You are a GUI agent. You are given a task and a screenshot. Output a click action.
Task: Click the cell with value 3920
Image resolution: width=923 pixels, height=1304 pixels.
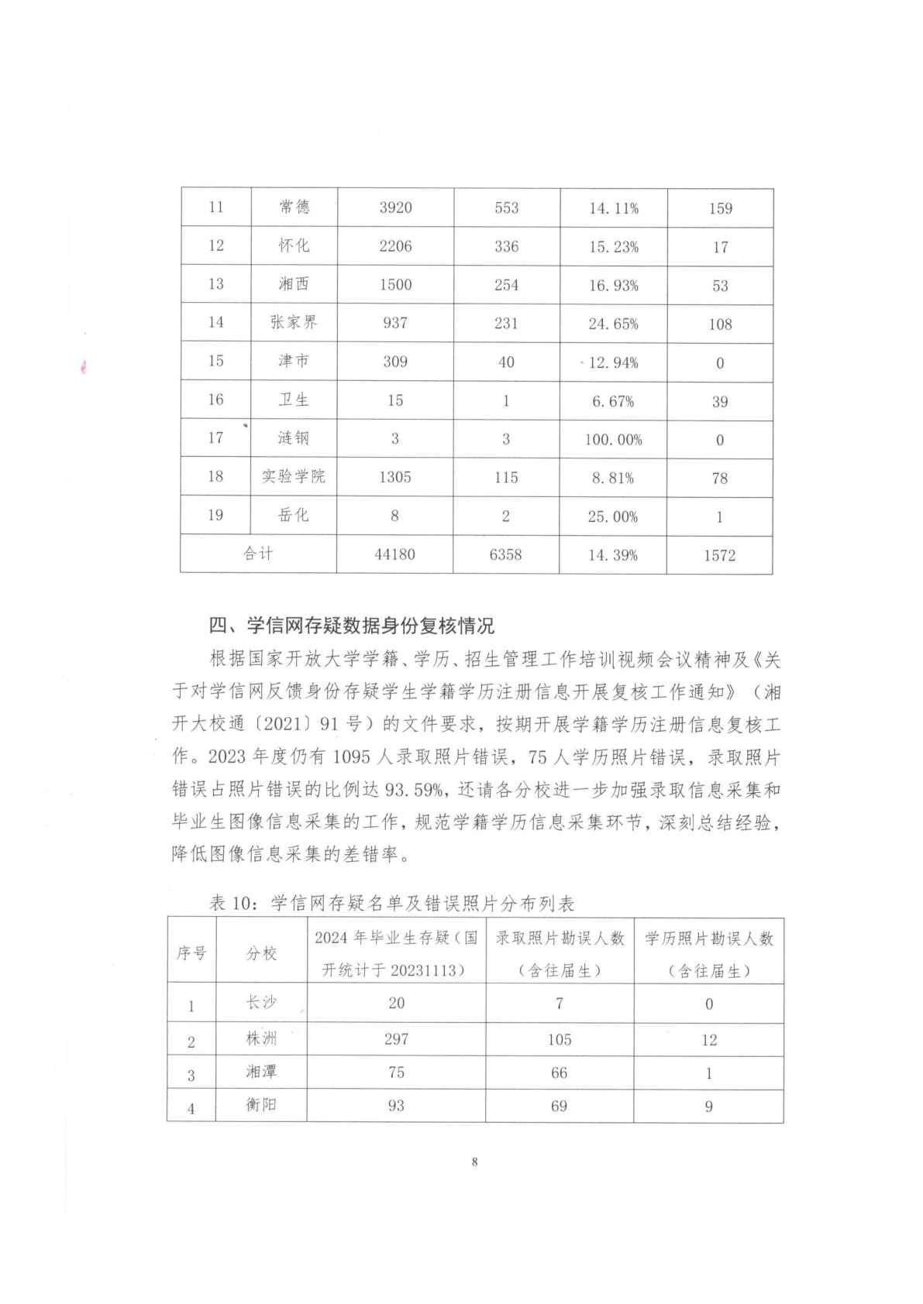tap(395, 208)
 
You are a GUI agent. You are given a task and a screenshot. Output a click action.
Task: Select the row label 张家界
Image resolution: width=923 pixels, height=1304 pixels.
tap(294, 322)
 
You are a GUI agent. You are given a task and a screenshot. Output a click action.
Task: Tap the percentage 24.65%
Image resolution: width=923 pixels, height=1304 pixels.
tap(613, 324)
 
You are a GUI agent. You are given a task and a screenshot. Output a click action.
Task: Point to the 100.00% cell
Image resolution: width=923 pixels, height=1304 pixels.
tap(613, 439)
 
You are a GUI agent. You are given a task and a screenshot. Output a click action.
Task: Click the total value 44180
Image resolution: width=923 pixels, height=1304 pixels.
tap(394, 554)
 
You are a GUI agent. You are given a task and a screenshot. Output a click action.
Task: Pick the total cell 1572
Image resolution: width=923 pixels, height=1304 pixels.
tap(719, 555)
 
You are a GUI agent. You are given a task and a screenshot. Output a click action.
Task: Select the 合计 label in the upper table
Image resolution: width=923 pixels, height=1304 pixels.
tap(258, 554)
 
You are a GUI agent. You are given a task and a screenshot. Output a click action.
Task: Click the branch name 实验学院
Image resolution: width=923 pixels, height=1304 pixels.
tap(294, 476)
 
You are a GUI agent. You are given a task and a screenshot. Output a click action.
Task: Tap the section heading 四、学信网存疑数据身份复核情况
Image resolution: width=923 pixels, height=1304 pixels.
tap(351, 625)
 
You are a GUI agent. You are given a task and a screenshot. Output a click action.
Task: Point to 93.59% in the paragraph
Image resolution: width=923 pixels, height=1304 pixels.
tap(418, 790)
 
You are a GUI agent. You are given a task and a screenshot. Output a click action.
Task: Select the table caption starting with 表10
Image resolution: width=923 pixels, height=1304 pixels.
tap(391, 902)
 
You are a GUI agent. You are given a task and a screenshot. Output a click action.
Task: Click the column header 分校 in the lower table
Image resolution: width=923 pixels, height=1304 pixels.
tap(261, 953)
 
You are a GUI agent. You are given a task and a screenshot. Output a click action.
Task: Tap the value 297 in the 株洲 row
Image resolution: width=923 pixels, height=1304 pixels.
tap(396, 1039)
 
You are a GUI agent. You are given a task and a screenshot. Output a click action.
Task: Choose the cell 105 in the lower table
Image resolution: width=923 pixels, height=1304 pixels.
tap(559, 1039)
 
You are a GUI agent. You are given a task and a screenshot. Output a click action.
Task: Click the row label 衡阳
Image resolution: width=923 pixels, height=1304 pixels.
tap(261, 1105)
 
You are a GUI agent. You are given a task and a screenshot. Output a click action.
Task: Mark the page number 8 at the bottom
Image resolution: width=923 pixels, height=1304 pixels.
tap(474, 1162)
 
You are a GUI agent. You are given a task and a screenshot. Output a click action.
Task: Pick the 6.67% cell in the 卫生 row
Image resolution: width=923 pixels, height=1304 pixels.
tap(613, 401)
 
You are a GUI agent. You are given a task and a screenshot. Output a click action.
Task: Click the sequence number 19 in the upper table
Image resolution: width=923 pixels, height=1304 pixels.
tap(215, 515)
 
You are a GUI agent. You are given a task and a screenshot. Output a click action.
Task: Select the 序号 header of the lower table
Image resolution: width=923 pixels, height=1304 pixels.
tap(191, 953)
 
